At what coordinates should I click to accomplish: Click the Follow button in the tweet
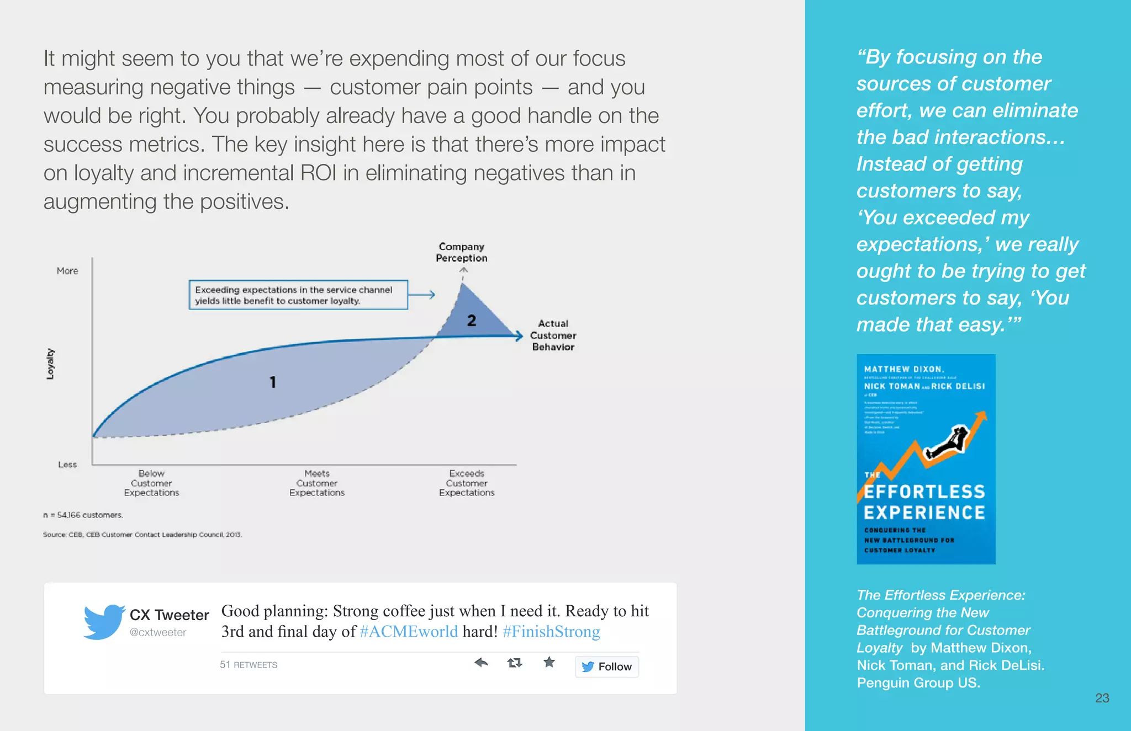point(606,666)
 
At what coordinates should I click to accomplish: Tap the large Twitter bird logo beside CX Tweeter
point(104,622)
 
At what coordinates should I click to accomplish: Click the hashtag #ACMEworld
point(409,632)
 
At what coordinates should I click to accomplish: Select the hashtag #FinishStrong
point(551,632)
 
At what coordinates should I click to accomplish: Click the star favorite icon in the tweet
point(549,662)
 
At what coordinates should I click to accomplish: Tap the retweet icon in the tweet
point(515,663)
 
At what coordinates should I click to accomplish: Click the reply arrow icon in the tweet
point(481,663)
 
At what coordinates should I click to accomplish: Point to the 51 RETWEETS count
point(249,665)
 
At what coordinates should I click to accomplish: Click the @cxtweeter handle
point(158,633)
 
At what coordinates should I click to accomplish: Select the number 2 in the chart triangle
point(472,321)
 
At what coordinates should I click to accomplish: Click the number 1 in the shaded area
point(273,382)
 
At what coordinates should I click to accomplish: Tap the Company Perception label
point(462,252)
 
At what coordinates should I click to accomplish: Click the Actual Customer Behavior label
point(553,335)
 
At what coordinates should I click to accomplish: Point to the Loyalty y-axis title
point(50,364)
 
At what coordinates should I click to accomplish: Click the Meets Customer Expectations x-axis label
point(317,483)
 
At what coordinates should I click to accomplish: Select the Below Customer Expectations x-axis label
point(152,483)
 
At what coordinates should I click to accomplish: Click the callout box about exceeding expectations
point(298,295)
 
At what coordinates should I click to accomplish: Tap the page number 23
point(1102,698)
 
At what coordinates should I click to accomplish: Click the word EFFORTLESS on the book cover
point(924,492)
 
